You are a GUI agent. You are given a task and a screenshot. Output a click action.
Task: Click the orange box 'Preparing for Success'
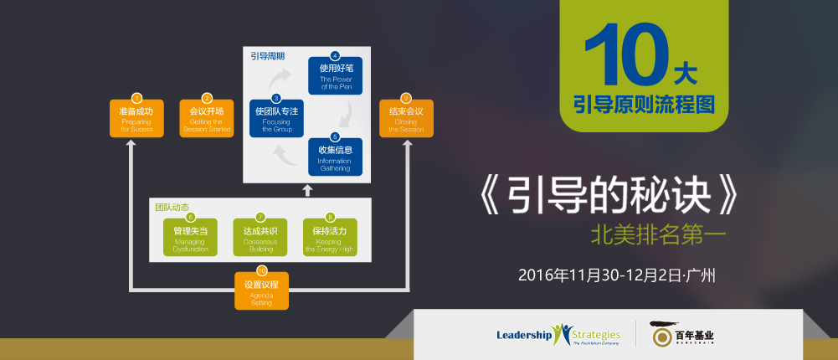136,119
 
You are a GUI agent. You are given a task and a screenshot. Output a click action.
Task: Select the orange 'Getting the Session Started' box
206,119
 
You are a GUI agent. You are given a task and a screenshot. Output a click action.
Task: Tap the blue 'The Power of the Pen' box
335,76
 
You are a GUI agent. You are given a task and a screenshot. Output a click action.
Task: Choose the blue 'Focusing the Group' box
275,119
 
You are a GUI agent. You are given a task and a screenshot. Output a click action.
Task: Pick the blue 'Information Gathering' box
335,157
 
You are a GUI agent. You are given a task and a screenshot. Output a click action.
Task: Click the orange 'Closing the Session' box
406,119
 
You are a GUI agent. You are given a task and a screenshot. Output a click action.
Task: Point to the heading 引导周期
268,57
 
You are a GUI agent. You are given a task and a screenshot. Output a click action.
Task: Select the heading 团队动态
172,206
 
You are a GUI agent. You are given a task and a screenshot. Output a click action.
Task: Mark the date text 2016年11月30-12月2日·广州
620,275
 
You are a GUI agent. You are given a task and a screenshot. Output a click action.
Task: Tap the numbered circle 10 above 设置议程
261,270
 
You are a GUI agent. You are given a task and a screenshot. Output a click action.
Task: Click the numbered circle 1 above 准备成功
136,99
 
